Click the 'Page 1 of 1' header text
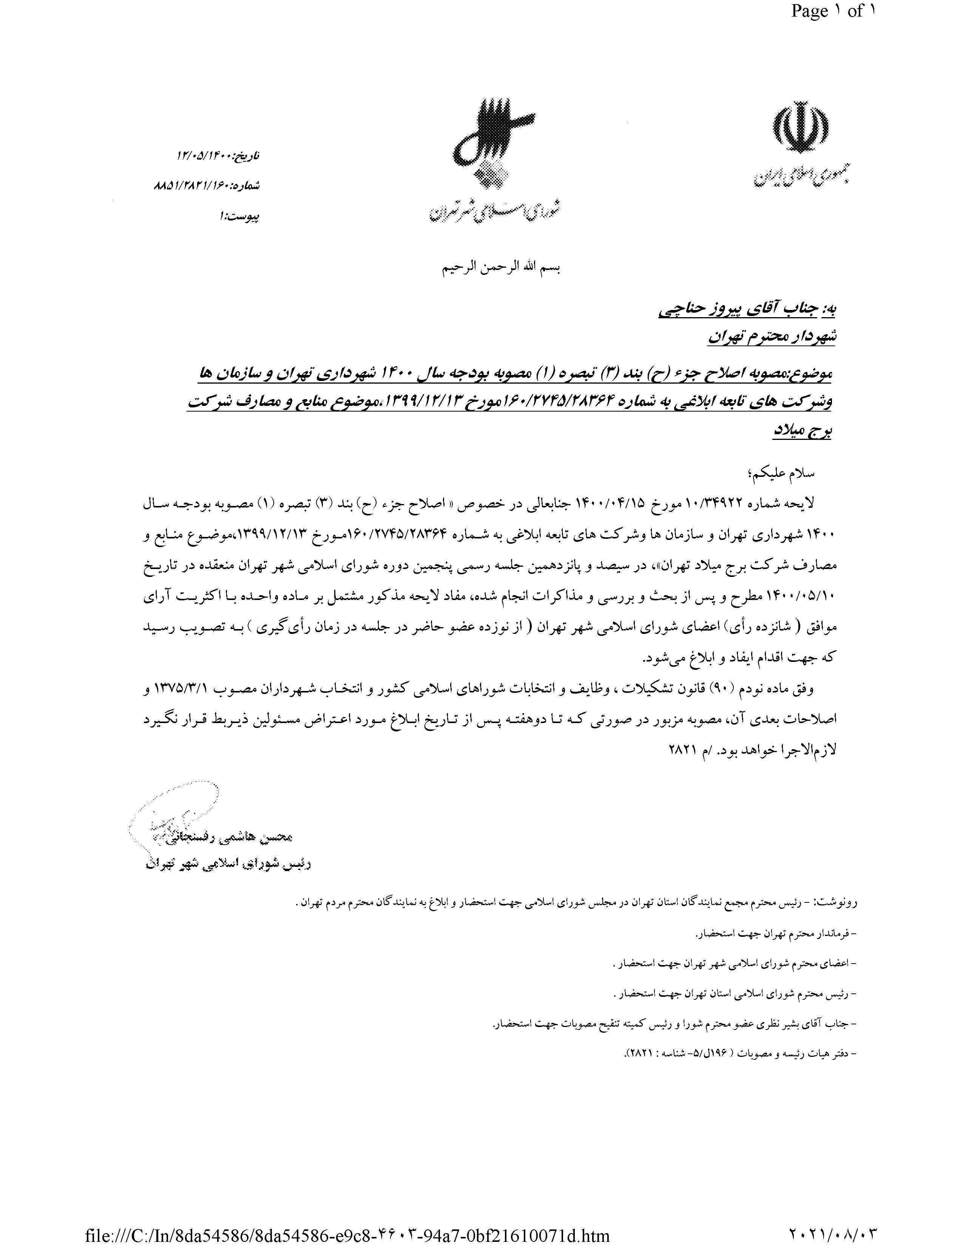[x=833, y=11]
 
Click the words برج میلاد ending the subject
[x=801, y=431]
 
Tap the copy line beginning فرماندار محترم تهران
[x=776, y=933]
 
